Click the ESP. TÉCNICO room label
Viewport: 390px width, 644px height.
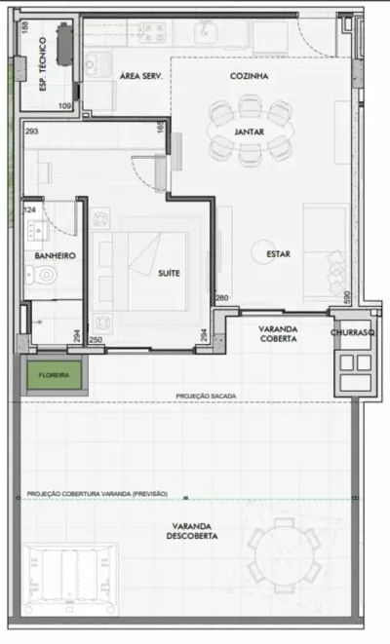(x=42, y=64)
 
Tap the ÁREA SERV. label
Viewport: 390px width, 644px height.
(x=141, y=76)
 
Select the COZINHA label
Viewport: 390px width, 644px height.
(x=249, y=76)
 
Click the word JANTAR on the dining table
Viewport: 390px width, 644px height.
(x=249, y=132)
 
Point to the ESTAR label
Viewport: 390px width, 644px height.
(x=278, y=254)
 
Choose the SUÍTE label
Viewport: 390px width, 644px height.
(x=169, y=273)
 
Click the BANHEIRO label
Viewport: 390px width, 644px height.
(x=55, y=256)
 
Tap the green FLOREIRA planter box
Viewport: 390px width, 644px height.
(x=55, y=375)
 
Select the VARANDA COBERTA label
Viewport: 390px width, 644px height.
(x=278, y=334)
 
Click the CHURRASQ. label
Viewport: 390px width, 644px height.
(x=353, y=332)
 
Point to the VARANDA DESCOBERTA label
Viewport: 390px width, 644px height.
(x=192, y=531)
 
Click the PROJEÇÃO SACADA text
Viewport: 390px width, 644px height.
(x=206, y=397)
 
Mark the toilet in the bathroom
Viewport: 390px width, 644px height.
(x=42, y=275)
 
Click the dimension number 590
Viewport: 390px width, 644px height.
(x=347, y=297)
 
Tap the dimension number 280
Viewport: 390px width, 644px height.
(x=222, y=298)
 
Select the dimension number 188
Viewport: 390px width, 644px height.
(x=25, y=27)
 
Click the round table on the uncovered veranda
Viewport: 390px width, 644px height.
(x=284, y=556)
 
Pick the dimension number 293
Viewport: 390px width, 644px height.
(x=31, y=132)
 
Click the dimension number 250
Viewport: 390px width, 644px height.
(x=96, y=340)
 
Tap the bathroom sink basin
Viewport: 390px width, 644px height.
(x=36, y=231)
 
